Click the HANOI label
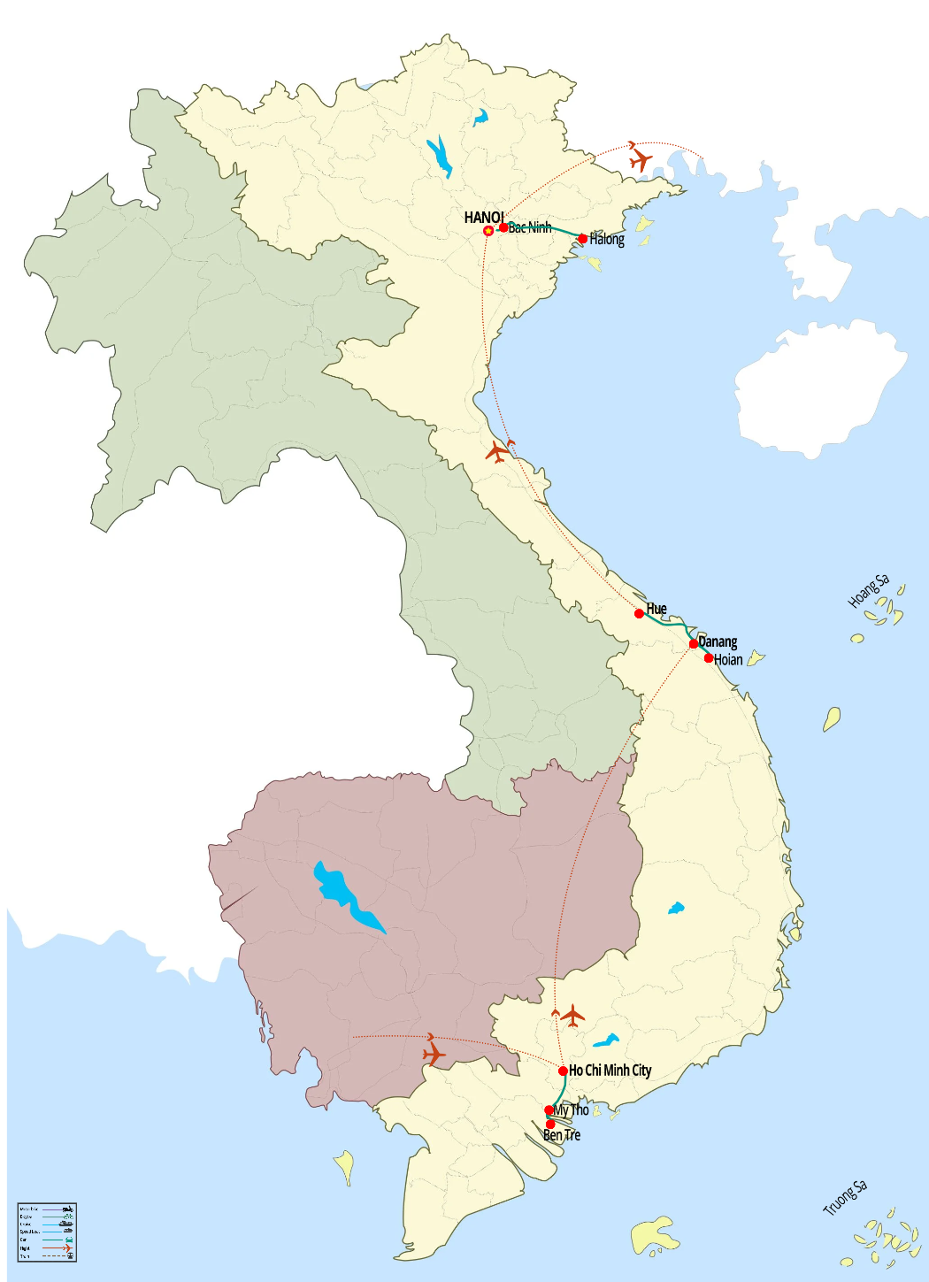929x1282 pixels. (484, 217)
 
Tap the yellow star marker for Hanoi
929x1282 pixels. (488, 231)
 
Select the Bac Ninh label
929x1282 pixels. (530, 228)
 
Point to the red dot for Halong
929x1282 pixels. (582, 239)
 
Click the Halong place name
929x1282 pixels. (607, 239)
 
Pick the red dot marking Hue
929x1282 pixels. (639, 613)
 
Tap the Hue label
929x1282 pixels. (656, 609)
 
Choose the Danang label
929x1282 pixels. (718, 641)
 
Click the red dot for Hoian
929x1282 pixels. (709, 658)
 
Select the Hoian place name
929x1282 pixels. (728, 659)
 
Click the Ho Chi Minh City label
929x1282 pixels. (610, 1071)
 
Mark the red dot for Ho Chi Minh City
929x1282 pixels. (563, 1071)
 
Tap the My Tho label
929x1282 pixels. (572, 1109)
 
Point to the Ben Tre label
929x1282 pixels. (562, 1135)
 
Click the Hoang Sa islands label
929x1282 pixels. (869, 591)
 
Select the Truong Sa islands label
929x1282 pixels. (845, 1198)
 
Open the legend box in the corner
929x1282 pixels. (47, 1232)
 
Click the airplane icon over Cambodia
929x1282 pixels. (434, 1054)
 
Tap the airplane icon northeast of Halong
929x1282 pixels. (641, 160)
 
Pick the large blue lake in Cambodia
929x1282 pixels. (345, 894)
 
